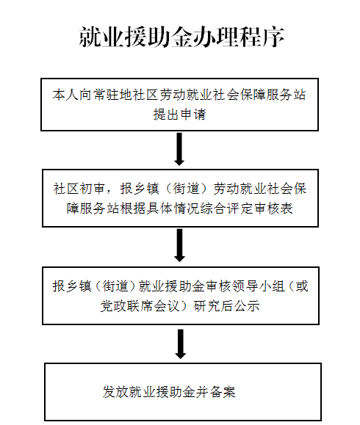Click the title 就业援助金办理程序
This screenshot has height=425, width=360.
[181, 37]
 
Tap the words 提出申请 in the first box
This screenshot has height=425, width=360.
[179, 114]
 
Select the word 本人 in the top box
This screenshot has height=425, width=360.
[65, 95]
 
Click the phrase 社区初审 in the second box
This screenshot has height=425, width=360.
[79, 189]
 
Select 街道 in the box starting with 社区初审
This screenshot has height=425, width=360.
[186, 189]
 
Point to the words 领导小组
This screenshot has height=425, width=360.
[259, 286]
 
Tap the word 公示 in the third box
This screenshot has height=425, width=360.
[246, 306]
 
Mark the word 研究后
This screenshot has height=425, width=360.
[213, 306]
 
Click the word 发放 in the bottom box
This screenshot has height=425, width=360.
[115, 392]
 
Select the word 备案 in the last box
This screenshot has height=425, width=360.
[222, 392]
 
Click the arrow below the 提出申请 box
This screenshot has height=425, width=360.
[179, 149]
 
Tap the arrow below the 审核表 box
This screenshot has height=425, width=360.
[179, 245]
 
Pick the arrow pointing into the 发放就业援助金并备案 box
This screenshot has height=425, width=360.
[181, 344]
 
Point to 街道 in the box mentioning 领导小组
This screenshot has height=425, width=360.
[115, 286]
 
